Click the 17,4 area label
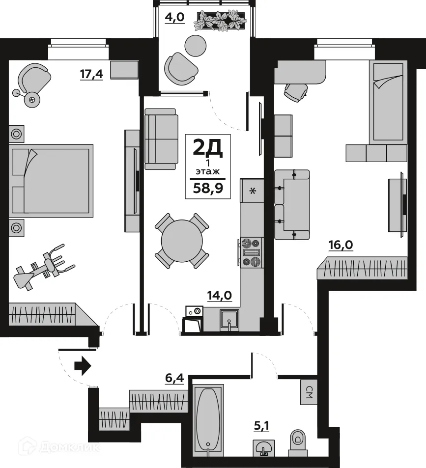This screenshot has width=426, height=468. pyautogui.click(x=91, y=74)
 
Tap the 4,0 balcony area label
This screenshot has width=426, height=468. pyautogui.click(x=174, y=18)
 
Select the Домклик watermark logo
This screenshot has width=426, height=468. pyautogui.click(x=59, y=447)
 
